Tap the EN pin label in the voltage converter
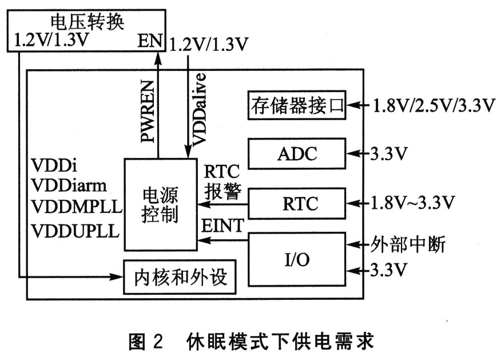(150, 43)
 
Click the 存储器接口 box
(297, 105)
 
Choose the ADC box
(297, 153)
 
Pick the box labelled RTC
(297, 203)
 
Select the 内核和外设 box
(181, 277)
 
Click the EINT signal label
(223, 227)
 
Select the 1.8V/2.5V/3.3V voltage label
(433, 105)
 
